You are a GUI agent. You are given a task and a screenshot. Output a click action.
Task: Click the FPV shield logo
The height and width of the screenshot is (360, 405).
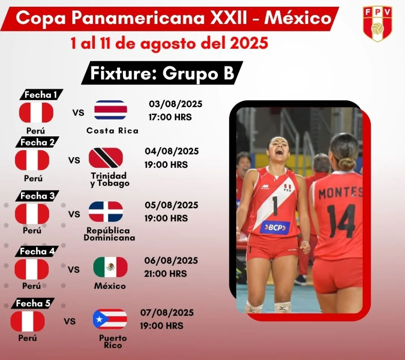click(377, 24)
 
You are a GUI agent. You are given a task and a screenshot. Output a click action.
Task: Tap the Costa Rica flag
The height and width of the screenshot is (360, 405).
click(111, 110)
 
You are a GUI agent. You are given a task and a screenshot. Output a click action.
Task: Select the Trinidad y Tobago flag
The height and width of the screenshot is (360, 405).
click(106, 158)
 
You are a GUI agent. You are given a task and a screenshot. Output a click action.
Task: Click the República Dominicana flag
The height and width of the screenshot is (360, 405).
click(106, 211)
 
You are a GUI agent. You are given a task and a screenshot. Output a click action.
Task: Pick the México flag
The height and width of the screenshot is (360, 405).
click(110, 267)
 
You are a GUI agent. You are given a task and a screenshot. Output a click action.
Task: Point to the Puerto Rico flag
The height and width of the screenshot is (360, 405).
click(110, 319)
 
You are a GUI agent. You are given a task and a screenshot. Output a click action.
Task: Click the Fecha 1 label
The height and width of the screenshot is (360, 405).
click(41, 95)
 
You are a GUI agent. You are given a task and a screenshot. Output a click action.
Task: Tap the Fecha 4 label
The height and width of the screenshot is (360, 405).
click(37, 251)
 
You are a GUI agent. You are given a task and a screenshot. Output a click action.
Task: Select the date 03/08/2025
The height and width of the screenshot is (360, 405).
click(175, 104)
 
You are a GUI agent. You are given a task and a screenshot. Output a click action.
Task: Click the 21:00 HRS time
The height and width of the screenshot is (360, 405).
click(165, 273)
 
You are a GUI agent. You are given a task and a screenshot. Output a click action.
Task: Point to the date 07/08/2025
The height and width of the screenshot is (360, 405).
click(167, 313)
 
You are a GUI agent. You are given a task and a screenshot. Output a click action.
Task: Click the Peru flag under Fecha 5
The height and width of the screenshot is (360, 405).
click(28, 321)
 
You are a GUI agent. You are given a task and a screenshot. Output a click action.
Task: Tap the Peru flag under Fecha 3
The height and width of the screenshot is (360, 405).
click(32, 214)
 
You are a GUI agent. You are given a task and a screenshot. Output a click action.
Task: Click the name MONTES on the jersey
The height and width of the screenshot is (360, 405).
click(340, 193)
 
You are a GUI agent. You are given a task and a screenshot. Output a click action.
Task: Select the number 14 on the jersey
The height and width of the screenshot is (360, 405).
click(341, 221)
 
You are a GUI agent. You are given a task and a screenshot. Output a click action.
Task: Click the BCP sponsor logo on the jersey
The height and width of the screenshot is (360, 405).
click(275, 227)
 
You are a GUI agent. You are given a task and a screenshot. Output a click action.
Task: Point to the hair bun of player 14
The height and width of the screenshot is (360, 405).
click(346, 164)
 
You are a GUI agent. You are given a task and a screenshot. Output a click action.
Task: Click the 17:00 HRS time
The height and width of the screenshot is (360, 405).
click(170, 117)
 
